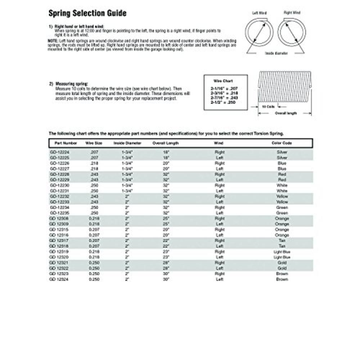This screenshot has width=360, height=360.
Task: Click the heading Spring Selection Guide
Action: click(x=87, y=13)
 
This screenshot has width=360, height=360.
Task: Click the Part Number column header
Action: click(x=60, y=143)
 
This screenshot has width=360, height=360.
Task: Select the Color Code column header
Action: click(x=282, y=143)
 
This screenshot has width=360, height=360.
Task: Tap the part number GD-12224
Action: click(x=59, y=152)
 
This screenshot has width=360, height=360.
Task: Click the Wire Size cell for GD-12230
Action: click(x=94, y=185)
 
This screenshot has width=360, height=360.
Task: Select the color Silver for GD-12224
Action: click(x=282, y=152)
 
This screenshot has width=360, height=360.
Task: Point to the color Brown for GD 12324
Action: click(x=282, y=279)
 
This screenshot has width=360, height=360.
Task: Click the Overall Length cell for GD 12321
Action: click(x=166, y=263)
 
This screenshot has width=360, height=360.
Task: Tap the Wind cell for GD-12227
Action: click(x=219, y=168)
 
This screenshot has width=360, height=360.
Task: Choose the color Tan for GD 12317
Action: click(x=282, y=240)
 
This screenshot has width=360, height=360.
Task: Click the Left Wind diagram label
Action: click(x=259, y=13)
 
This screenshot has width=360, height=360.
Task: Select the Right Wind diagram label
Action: click(x=292, y=13)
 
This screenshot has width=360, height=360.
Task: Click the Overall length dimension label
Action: click(x=286, y=113)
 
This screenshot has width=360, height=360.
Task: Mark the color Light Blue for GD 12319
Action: click(x=282, y=252)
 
